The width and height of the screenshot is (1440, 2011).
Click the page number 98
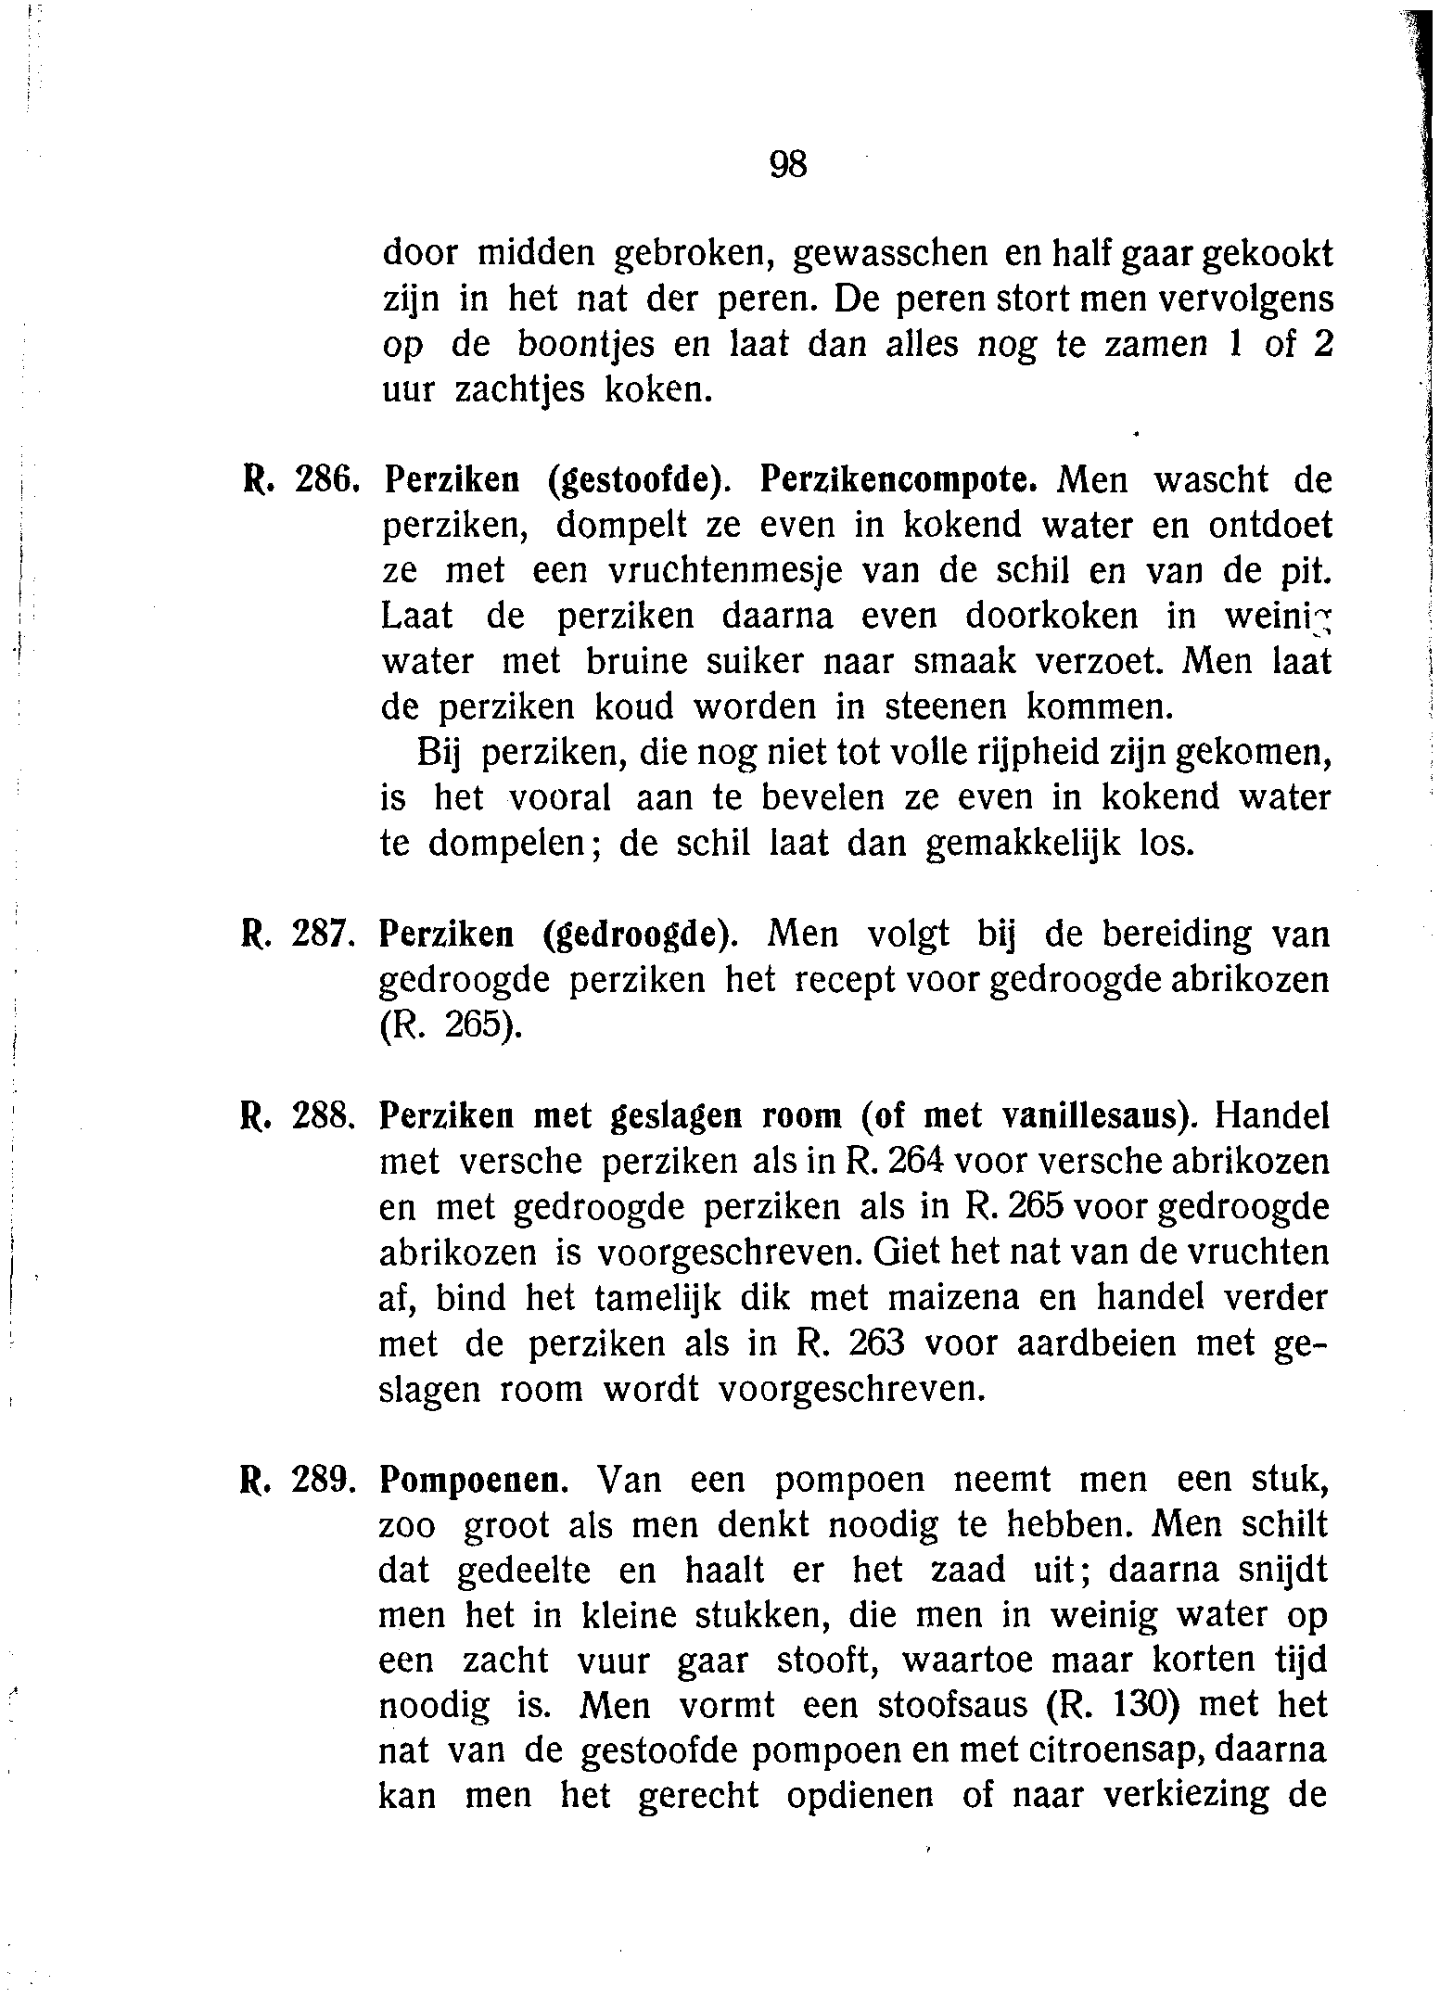(789, 164)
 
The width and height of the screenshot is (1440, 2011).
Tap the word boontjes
(581, 345)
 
